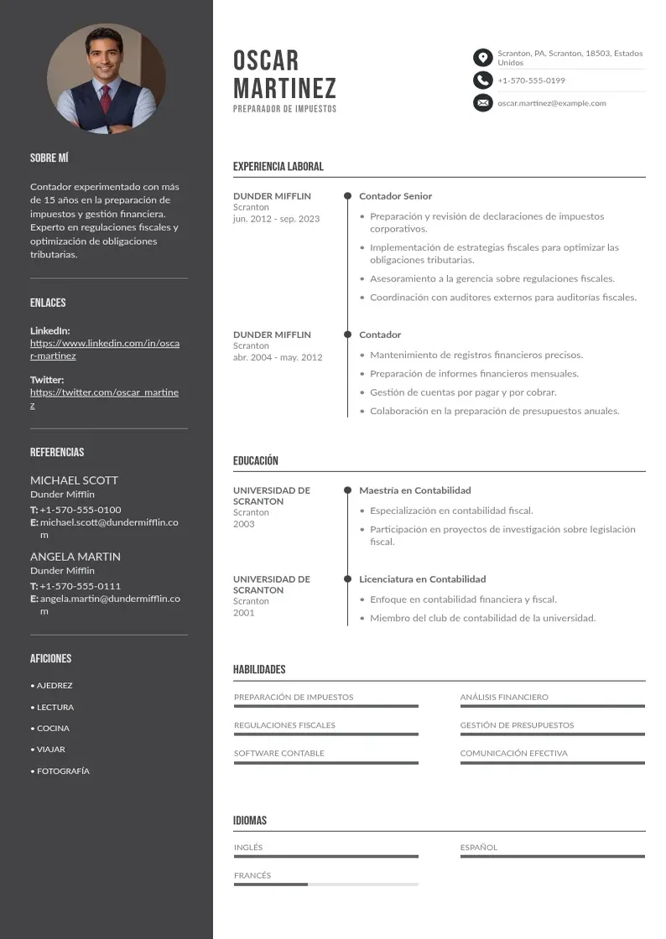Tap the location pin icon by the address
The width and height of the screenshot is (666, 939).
(x=482, y=57)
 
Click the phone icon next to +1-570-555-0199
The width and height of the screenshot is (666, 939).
(x=482, y=80)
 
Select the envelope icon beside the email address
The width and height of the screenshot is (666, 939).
(x=482, y=103)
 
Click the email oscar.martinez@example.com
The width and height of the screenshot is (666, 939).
(x=551, y=103)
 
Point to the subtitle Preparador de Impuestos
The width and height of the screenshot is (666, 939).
(x=284, y=109)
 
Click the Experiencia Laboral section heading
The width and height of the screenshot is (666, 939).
(x=278, y=167)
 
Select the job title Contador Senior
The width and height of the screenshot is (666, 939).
(x=395, y=196)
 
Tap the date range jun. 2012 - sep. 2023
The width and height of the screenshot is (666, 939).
(x=276, y=219)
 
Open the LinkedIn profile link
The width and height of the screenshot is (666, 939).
(x=105, y=350)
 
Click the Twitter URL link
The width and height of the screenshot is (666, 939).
(x=104, y=398)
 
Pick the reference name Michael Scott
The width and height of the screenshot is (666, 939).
(x=74, y=480)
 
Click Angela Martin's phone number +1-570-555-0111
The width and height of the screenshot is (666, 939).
(x=80, y=586)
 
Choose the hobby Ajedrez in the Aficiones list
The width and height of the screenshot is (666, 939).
(x=55, y=686)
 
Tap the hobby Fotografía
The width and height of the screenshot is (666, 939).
(x=63, y=771)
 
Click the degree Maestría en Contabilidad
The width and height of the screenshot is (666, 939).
(x=415, y=490)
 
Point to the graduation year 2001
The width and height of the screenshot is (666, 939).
(x=243, y=613)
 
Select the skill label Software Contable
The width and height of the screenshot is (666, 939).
(x=278, y=753)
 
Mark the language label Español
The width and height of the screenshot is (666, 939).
(x=479, y=848)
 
